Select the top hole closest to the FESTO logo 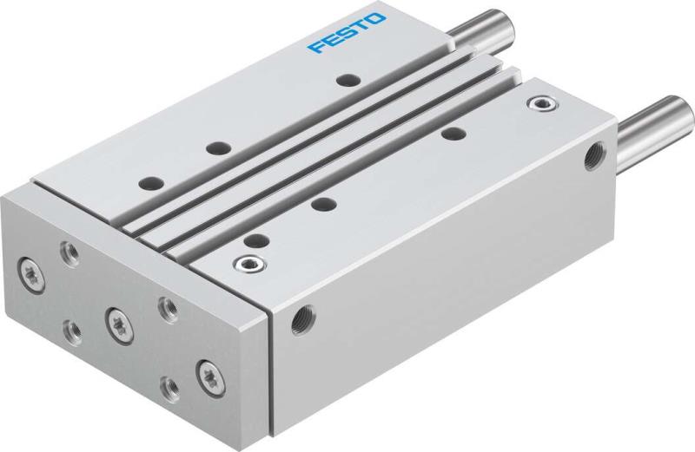(349, 82)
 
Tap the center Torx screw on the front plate (114, 319)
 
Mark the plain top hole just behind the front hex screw (255, 240)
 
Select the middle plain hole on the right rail (323, 205)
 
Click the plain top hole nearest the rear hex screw (452, 134)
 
